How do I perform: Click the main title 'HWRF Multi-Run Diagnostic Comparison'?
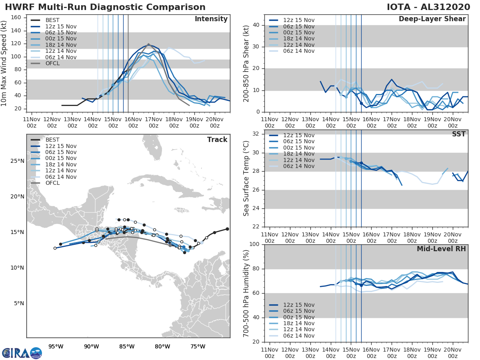pyautogui.click(x=105, y=7)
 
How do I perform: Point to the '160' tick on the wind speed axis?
pyautogui.click(x=16, y=18)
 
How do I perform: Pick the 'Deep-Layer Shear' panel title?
pyautogui.click(x=432, y=19)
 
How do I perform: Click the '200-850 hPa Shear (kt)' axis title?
pyautogui.click(x=246, y=63)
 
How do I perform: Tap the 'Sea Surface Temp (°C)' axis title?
pyautogui.click(x=246, y=178)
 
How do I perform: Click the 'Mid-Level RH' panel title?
pyautogui.click(x=441, y=249)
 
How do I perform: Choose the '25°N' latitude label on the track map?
pyautogui.click(x=17, y=161)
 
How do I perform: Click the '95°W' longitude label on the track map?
pyautogui.click(x=56, y=346)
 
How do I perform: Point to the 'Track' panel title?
pyautogui.click(x=217, y=140)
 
